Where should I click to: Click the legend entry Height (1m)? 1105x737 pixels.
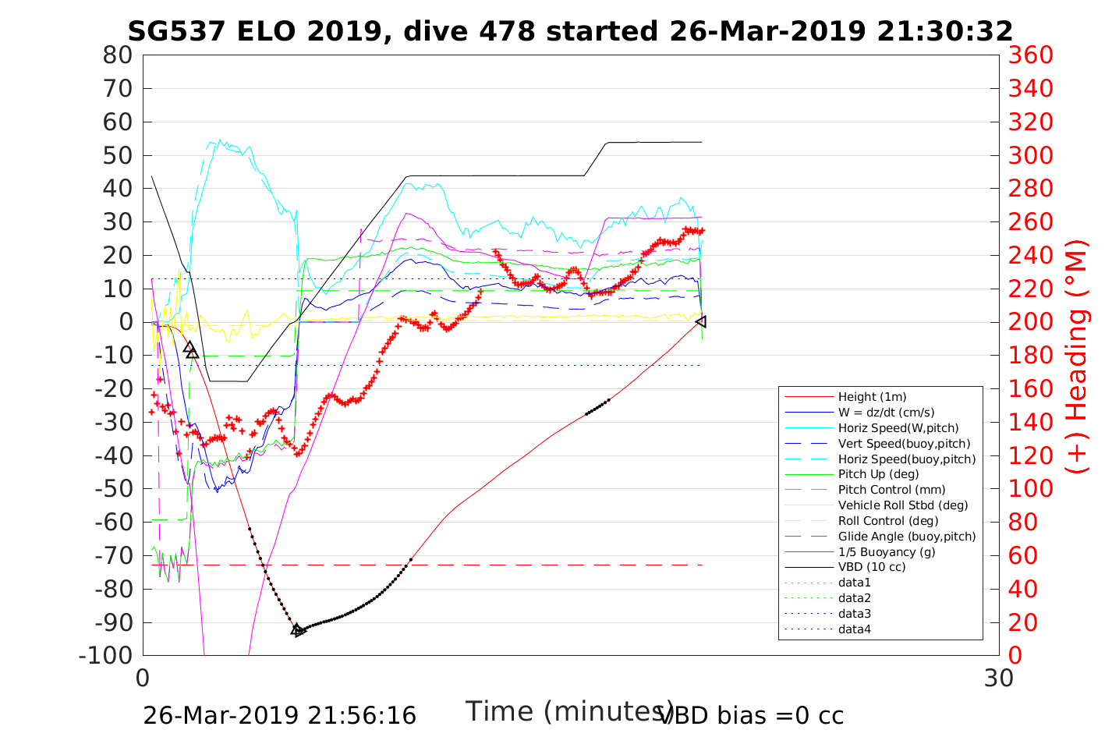[x=872, y=397]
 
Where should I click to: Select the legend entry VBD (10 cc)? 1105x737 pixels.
[x=872, y=567]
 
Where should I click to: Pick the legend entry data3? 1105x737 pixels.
[x=854, y=614]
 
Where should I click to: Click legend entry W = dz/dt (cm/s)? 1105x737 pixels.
[x=886, y=413]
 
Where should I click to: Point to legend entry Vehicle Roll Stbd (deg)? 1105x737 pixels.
[x=903, y=505]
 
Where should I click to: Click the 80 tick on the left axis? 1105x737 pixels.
[x=117, y=55]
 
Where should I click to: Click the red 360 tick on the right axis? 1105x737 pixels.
[x=1030, y=55]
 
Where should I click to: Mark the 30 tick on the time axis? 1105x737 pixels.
[x=999, y=678]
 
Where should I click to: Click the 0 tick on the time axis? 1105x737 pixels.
[x=143, y=678]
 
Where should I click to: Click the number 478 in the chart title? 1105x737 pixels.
[x=506, y=31]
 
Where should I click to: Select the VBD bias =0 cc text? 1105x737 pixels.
[x=751, y=715]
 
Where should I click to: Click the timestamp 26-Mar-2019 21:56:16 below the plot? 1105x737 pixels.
[x=279, y=715]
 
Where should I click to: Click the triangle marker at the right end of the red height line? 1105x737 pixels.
[x=701, y=321]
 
